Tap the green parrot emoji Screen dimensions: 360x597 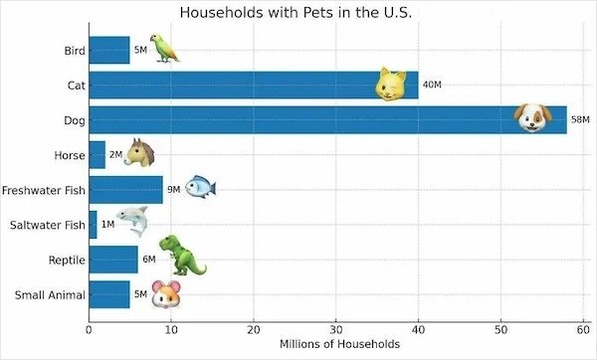[x=166, y=48]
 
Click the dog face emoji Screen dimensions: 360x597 [x=533, y=118]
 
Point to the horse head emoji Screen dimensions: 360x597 [x=141, y=153]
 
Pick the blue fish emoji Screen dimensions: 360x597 [x=199, y=188]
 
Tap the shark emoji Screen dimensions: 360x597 [x=133, y=222]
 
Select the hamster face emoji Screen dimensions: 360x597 [x=166, y=294]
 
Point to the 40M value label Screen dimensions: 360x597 [x=432, y=85]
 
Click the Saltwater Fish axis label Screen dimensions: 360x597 [x=48, y=225]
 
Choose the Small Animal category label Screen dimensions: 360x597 [x=50, y=294]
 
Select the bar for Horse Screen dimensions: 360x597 [x=97, y=154]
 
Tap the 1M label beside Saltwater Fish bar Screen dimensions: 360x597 [x=108, y=225]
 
